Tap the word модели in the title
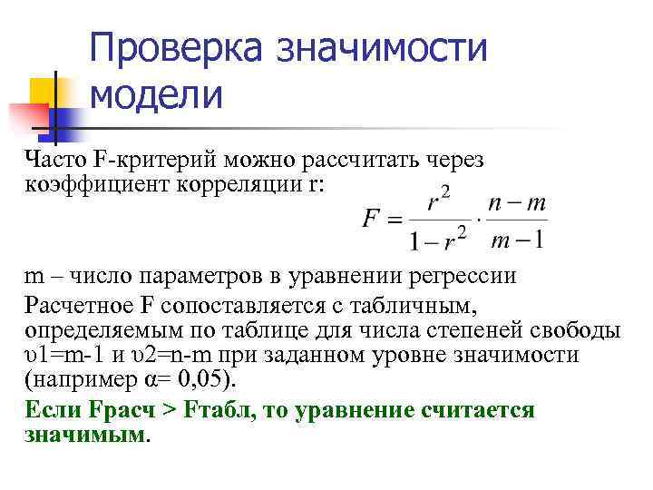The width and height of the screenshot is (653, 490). tap(156, 93)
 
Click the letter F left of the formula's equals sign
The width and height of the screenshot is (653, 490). tap(370, 219)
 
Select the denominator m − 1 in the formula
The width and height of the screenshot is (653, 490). tap(515, 240)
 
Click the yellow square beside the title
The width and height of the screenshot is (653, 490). tap(44, 91)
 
